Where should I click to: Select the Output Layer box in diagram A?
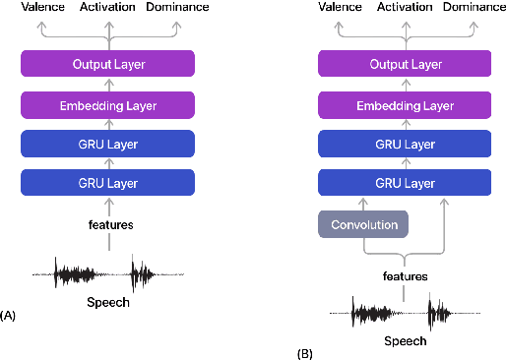109,65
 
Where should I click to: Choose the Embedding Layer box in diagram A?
109,104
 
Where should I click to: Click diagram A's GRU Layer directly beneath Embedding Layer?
109,144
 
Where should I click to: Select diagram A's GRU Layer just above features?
109,183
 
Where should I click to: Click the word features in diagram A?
109,224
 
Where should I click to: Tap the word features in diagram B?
405,276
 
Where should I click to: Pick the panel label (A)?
10,315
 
